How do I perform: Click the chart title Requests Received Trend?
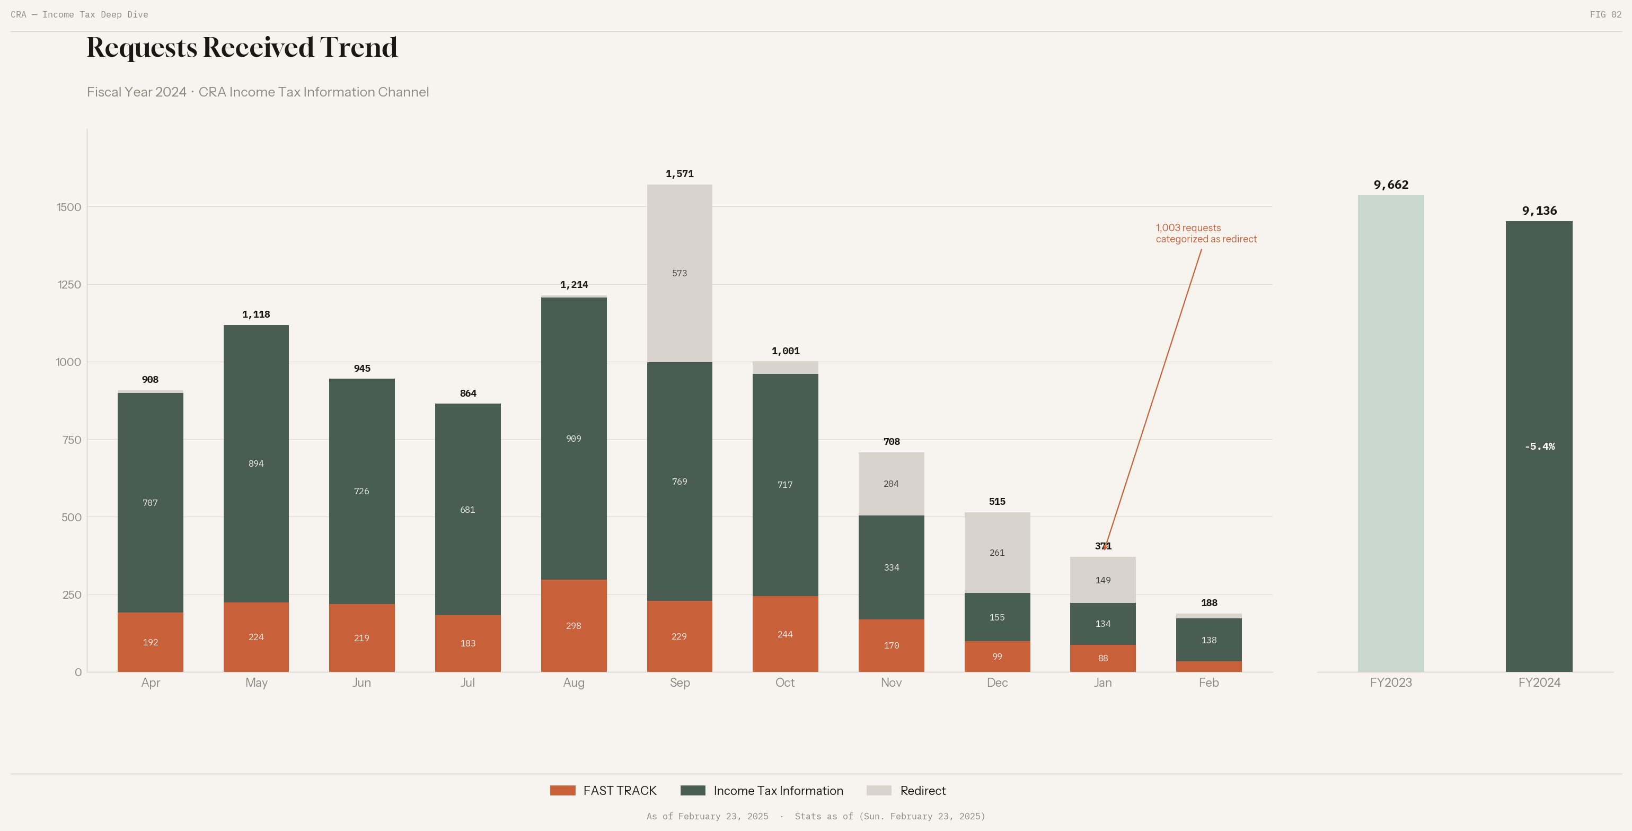(242, 48)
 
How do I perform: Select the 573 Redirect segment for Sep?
(679, 273)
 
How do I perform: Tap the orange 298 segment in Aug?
(574, 626)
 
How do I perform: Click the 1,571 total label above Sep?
(679, 174)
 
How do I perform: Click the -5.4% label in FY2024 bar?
(1539, 446)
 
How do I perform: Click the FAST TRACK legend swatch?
(562, 791)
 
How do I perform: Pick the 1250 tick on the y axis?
(69, 285)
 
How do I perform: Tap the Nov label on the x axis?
(891, 683)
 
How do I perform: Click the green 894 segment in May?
(256, 463)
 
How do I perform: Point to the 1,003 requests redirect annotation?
(1206, 233)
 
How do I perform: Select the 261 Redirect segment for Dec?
(996, 553)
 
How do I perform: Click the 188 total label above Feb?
(1209, 603)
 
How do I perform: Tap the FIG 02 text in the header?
(1605, 14)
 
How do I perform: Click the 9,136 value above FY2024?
(1539, 211)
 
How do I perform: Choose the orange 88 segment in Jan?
(1102, 659)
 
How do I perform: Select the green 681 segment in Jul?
(467, 510)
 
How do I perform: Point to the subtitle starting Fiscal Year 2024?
(258, 92)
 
